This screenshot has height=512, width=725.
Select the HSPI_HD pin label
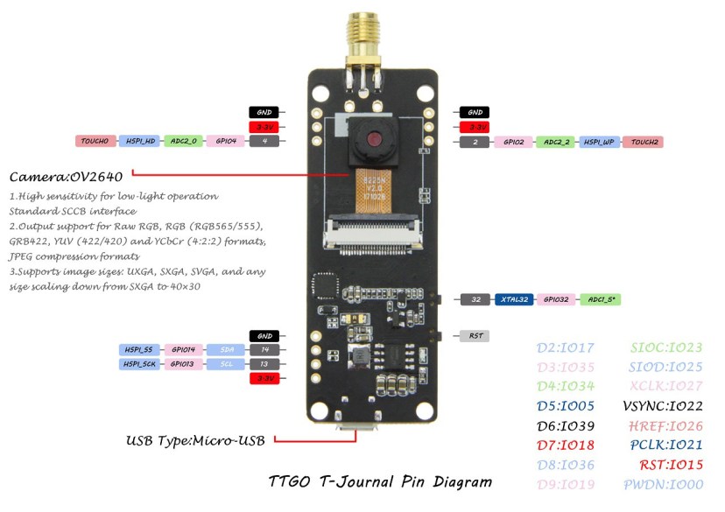tap(138, 141)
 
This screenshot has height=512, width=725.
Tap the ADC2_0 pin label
tap(183, 141)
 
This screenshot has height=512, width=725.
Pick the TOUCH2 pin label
tap(644, 141)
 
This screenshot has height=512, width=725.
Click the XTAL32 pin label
tap(513, 299)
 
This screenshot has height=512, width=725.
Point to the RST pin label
tap(475, 335)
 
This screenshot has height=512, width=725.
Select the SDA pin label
tap(226, 349)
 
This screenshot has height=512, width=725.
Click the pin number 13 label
tap(264, 363)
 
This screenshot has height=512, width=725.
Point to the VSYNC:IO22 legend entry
tap(663, 406)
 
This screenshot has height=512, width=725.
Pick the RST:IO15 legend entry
tap(666, 464)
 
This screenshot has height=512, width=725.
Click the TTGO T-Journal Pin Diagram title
tap(379, 481)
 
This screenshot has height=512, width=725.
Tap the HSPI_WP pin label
tap(599, 141)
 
